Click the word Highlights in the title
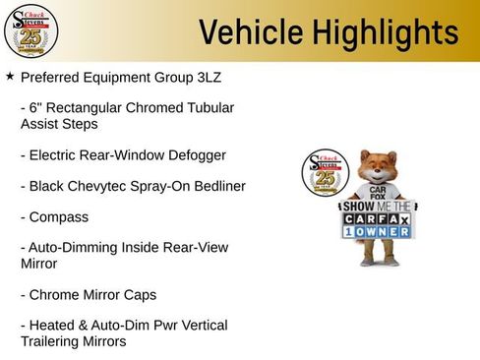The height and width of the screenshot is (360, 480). [x=385, y=32]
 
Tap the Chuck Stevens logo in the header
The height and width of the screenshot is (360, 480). [x=31, y=30]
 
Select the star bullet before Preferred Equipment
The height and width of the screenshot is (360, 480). [x=10, y=76]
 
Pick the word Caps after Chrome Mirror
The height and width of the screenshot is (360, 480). [x=138, y=294]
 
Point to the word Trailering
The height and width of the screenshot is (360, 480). [x=58, y=341]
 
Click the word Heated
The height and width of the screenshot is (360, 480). [x=53, y=325]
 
